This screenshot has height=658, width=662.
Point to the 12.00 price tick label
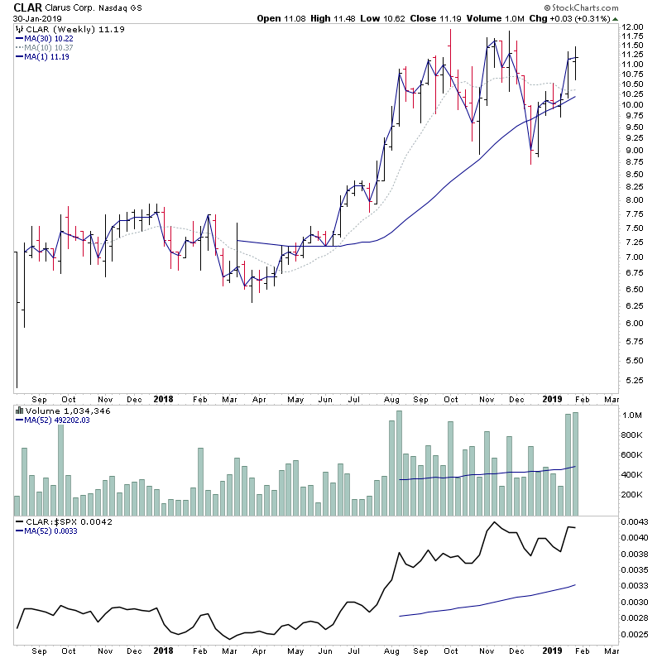click(634, 26)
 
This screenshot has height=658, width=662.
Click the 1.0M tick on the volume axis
click(632, 415)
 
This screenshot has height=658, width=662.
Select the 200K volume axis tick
click(633, 495)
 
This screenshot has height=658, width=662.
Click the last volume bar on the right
click(575, 463)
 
